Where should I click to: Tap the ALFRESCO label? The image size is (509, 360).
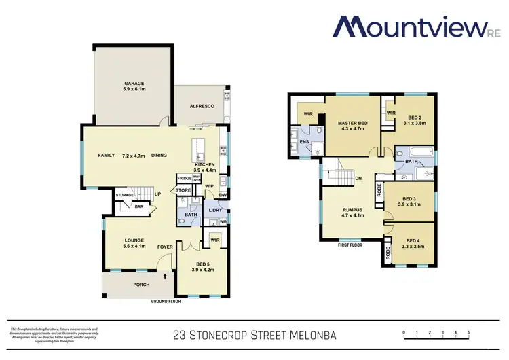point(202,107)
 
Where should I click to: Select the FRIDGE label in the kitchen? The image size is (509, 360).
point(184,179)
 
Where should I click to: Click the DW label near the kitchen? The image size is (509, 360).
point(223,196)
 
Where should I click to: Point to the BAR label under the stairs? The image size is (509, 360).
point(138,206)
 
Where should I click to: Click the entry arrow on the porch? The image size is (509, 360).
point(165,276)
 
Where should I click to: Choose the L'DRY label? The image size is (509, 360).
point(216,210)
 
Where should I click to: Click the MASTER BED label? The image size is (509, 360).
point(352,123)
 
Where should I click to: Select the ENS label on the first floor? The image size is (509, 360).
point(304,142)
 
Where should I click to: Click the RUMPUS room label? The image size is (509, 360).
point(353,211)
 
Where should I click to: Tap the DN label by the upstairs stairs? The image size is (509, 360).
point(358,179)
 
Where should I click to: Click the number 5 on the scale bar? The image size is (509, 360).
point(468,333)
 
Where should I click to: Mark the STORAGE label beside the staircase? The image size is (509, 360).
point(124,196)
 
